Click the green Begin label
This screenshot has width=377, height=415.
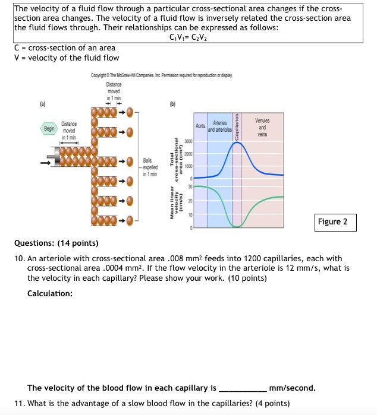coord(48,128)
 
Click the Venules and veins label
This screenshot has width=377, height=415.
coord(262,127)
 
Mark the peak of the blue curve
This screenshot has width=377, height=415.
coord(237,142)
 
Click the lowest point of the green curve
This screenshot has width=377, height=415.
coord(237,226)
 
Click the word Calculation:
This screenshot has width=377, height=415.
coord(50,293)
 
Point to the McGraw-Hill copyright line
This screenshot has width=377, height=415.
coord(161,75)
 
